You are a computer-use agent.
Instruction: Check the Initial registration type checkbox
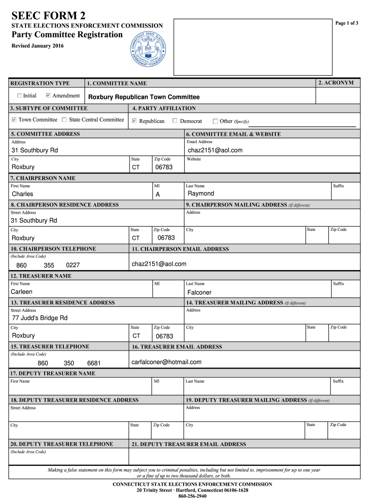[x=20, y=96]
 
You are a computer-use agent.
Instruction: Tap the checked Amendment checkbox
[x=48, y=96]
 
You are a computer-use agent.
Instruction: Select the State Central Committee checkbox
[x=64, y=120]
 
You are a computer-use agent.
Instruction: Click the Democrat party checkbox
[x=175, y=121]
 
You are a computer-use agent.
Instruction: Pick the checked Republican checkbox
[x=135, y=121]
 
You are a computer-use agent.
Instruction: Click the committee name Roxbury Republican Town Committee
[x=144, y=97]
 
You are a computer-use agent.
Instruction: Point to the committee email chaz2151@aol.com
[x=215, y=151]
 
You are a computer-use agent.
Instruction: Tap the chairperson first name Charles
[x=23, y=194]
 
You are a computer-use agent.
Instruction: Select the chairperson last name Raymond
[x=201, y=194]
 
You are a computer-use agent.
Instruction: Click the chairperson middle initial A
[x=158, y=195]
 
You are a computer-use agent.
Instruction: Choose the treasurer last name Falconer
[x=199, y=292]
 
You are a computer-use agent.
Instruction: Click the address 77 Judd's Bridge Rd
[x=40, y=318]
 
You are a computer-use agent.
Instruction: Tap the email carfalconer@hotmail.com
[x=166, y=362]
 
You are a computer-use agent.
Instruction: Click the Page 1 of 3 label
[x=347, y=23]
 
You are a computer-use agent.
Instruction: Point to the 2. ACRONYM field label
[x=335, y=83]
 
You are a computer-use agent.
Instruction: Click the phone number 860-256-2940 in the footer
[x=192, y=496]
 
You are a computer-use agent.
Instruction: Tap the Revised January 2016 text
[x=38, y=46]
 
